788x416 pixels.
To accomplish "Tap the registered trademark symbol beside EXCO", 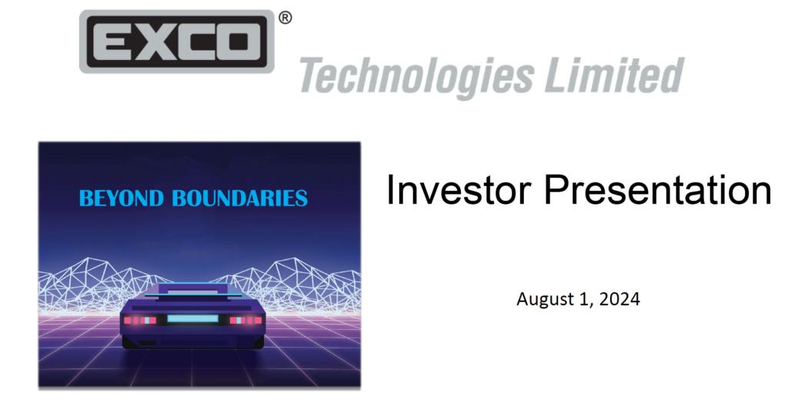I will (285, 18).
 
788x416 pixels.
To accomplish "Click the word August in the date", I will (543, 299).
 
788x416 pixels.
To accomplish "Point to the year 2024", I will (623, 299).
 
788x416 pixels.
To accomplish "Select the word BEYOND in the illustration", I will (122, 198).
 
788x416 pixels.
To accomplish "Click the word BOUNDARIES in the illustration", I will (239, 198).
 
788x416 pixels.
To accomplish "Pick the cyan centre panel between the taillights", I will (192, 319).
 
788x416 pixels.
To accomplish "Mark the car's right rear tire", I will (255, 342).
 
